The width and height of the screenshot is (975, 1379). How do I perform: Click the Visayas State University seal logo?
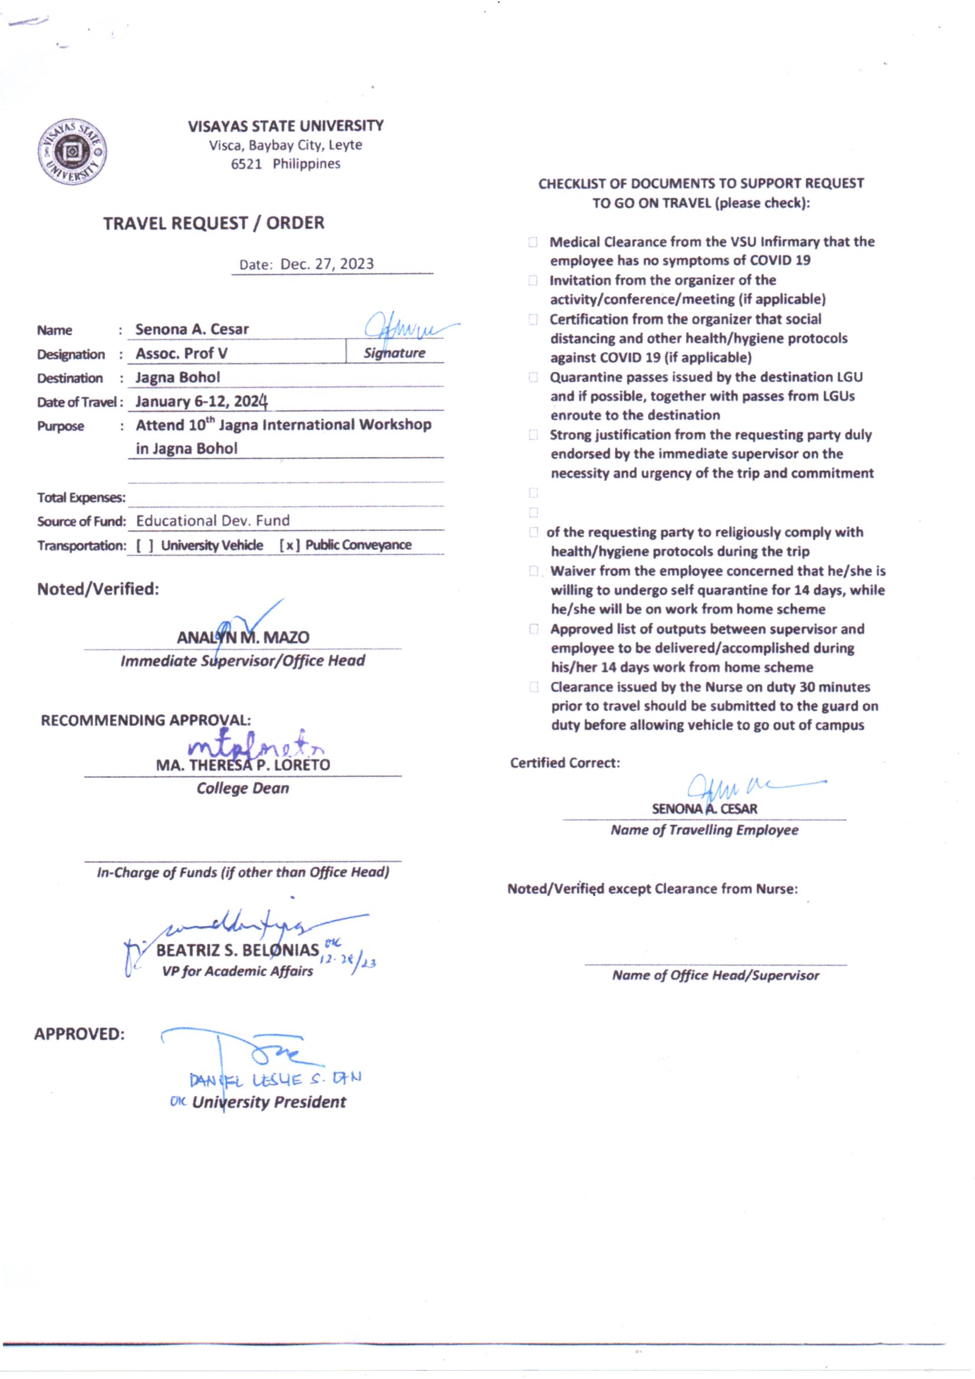click(x=72, y=152)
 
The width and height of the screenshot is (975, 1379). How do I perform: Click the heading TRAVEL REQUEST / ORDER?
click(x=214, y=224)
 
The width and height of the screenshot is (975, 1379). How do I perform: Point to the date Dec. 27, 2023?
click(x=327, y=264)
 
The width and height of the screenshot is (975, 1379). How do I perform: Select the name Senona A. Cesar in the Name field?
click(x=192, y=329)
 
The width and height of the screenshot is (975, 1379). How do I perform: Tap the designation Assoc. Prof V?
click(x=182, y=353)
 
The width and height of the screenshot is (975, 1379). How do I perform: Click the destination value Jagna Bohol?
click(x=177, y=377)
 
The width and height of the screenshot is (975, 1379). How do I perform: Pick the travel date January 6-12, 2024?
click(x=201, y=401)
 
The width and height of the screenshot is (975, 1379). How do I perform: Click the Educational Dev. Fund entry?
click(x=213, y=521)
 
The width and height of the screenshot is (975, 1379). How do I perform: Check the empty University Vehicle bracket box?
click(x=144, y=546)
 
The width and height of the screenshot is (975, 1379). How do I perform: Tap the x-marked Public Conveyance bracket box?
click(x=289, y=546)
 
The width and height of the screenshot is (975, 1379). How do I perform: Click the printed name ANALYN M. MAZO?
click(x=243, y=637)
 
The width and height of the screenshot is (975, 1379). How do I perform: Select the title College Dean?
click(x=242, y=789)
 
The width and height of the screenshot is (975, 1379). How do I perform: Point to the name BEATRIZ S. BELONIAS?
click(x=238, y=950)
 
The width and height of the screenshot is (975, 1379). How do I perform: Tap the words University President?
click(x=269, y=1102)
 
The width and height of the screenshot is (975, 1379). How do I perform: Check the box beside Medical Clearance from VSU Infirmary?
click(x=532, y=242)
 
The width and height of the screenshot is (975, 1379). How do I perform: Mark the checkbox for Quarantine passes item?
click(x=532, y=377)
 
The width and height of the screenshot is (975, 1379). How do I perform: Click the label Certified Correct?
click(x=565, y=763)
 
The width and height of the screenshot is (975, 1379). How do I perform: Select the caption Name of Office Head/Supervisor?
click(x=716, y=976)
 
